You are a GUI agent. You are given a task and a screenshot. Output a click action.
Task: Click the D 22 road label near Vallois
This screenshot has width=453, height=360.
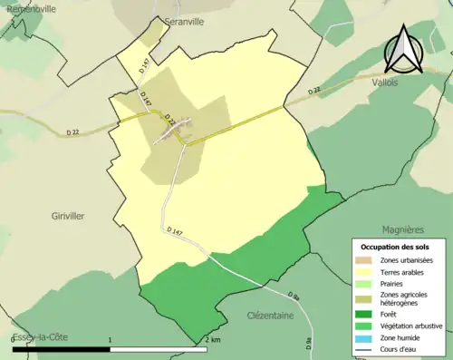click(x=314, y=91)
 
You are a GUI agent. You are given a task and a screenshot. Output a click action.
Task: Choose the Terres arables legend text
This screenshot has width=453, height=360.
click(x=405, y=271)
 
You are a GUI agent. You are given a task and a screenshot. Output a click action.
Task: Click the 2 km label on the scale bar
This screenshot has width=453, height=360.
click(x=213, y=340)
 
